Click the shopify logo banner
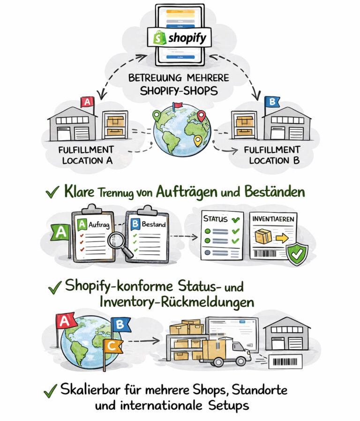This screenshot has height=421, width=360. tap(180, 38)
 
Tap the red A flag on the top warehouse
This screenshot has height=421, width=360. tap(87, 102)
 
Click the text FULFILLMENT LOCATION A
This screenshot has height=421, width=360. tap(86, 155)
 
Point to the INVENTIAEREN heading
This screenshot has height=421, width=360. tap(274, 219)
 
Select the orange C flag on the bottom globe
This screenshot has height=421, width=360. tap(112, 346)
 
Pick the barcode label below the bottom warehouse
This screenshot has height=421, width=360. tap(285, 361)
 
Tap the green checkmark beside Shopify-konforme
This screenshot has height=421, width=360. tap(55, 287)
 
